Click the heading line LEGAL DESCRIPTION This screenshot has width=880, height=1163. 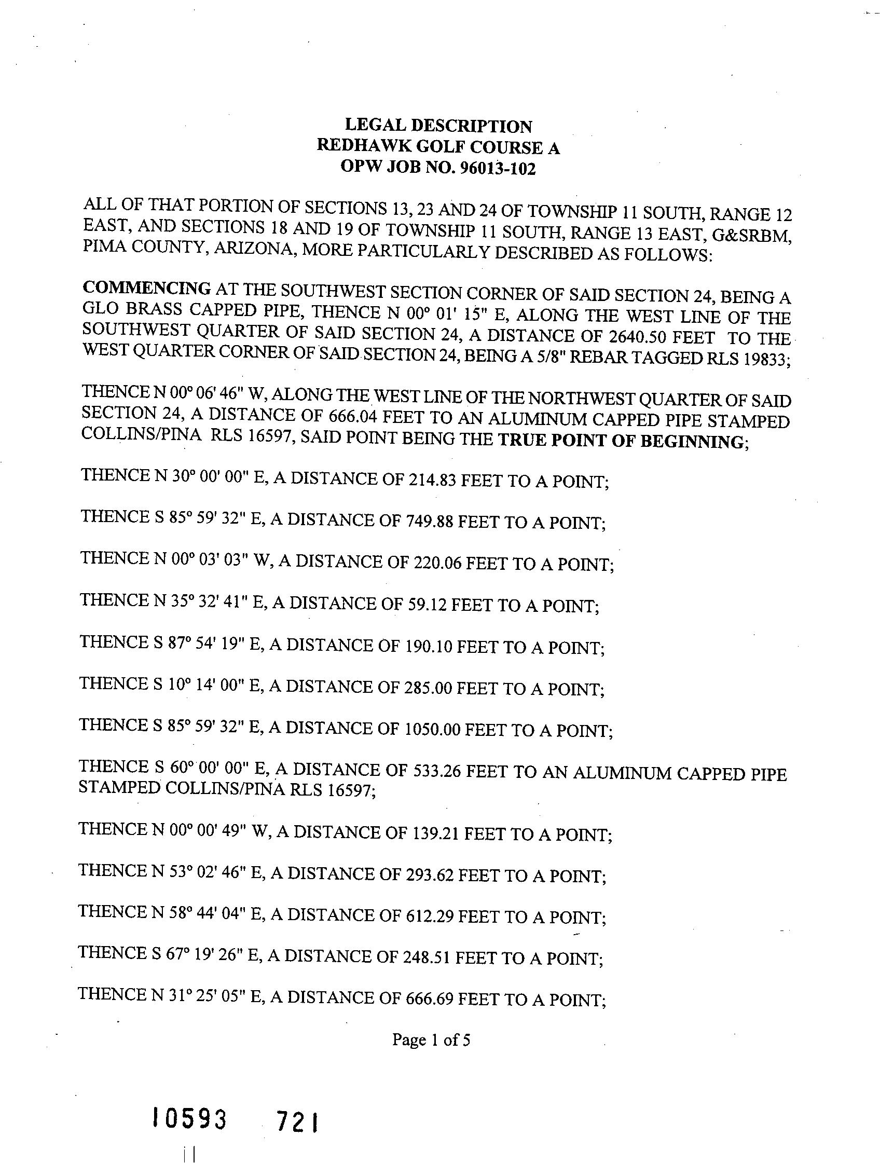[438, 126]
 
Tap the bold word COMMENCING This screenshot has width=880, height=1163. [147, 288]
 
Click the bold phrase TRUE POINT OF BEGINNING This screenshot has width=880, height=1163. [621, 441]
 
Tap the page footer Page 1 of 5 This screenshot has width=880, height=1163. [431, 1040]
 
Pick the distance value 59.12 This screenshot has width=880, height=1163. [427, 605]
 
